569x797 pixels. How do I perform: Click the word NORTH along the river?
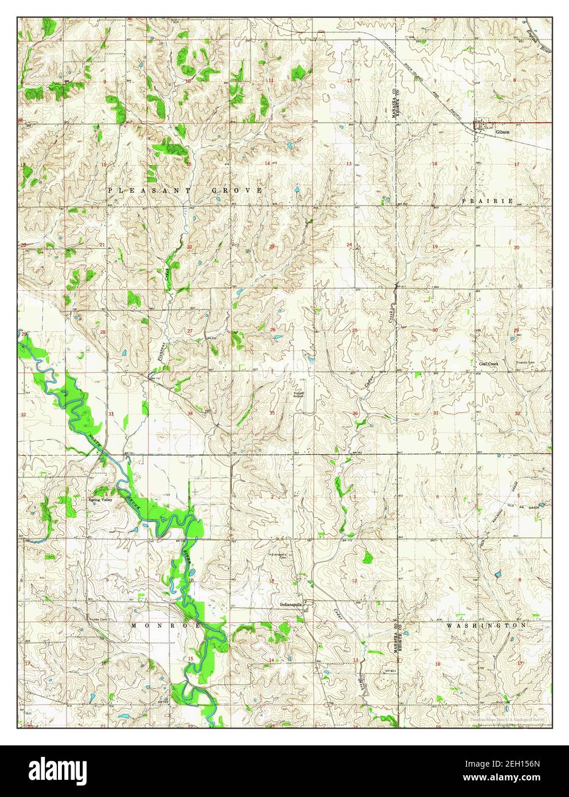(95, 442)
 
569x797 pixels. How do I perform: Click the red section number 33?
(111, 413)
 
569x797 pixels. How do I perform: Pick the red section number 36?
(356, 414)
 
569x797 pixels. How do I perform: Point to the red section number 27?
(189, 331)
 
